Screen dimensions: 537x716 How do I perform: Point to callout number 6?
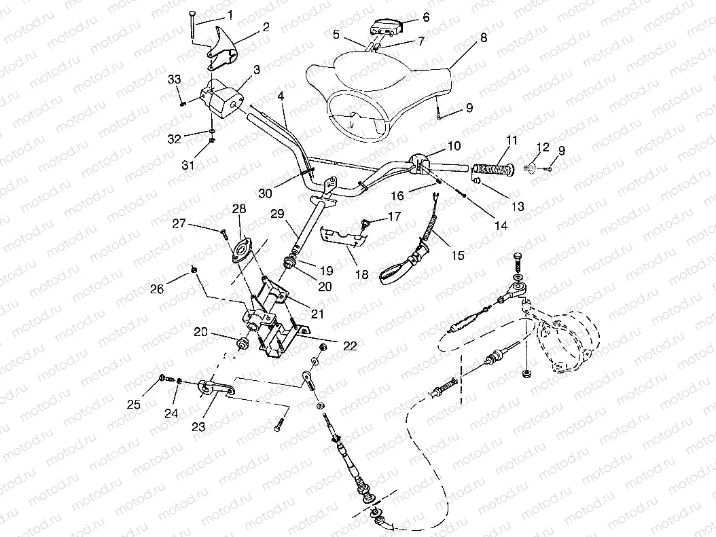[426, 17]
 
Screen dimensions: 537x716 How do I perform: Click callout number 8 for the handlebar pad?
[483, 38]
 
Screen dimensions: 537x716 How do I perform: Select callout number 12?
[542, 147]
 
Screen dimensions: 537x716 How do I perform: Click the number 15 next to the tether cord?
[458, 255]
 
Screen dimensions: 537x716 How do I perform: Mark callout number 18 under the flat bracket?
[361, 274]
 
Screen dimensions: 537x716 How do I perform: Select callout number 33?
[174, 79]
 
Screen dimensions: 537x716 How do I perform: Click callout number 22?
[349, 346]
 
